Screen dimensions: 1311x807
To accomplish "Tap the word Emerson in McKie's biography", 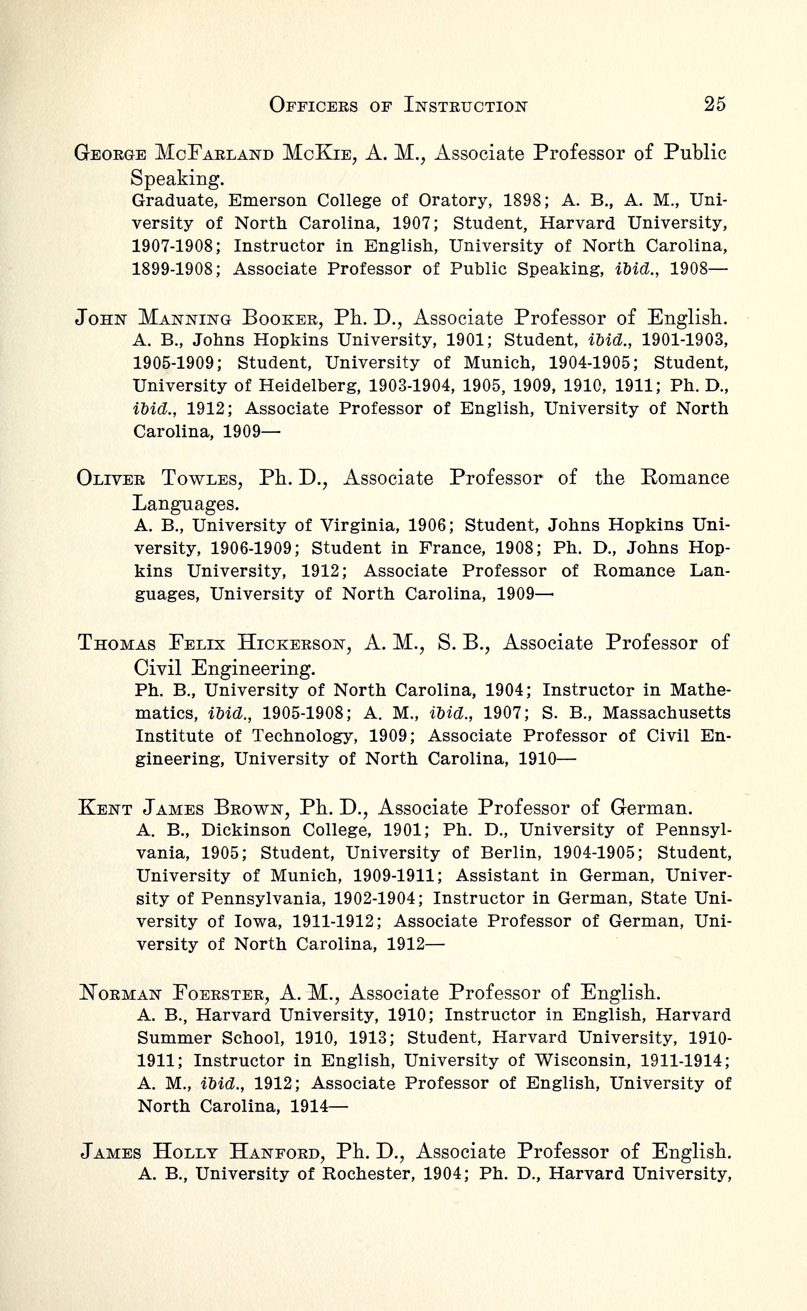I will point(268,201).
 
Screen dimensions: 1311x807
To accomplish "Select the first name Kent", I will point(105,808).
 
